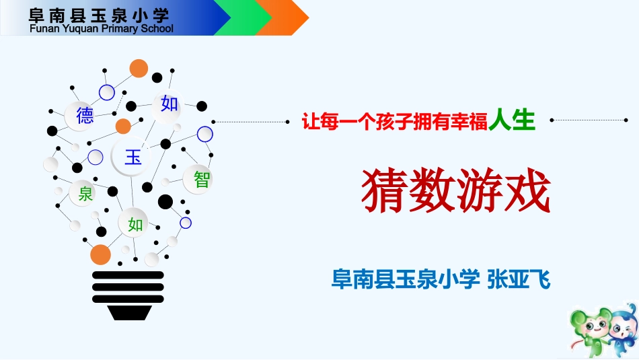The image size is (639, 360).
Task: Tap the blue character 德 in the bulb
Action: coord(85,116)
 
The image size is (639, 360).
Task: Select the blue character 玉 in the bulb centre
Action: coord(133,157)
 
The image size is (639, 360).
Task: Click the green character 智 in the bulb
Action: coord(201,179)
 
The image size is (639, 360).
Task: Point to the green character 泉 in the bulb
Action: coord(86,194)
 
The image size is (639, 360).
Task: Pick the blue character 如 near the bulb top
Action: coord(169,104)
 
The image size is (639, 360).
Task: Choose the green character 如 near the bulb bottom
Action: coord(136,224)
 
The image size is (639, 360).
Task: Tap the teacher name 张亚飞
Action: coord(519,279)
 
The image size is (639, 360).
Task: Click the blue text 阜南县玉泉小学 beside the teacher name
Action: coord(405,279)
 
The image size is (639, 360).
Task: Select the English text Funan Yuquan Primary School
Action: coord(102,29)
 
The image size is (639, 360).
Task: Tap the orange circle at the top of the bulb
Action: coord(139,68)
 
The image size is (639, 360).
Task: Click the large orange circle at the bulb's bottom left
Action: coord(100,255)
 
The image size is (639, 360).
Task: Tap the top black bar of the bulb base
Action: coord(128,275)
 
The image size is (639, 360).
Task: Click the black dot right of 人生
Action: coord(552,120)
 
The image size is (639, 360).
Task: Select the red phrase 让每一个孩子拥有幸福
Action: coord(396,122)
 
